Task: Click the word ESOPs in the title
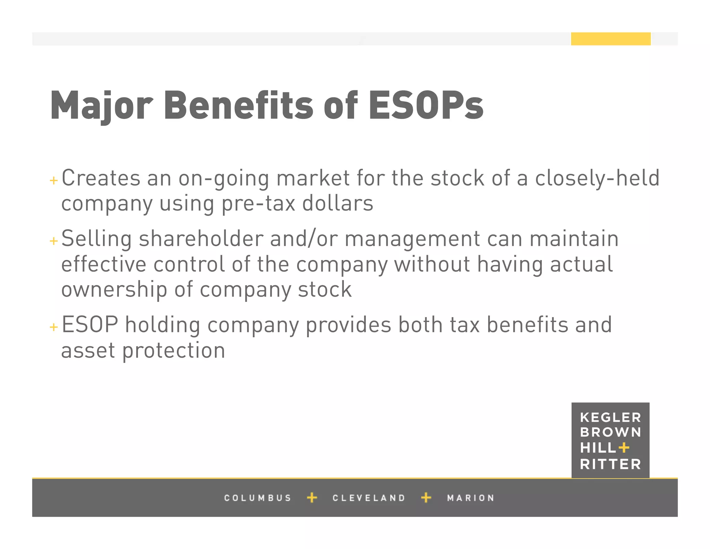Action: [426, 105]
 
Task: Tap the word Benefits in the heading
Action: [239, 105]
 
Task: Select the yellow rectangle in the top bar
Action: [611, 39]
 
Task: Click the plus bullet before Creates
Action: [54, 180]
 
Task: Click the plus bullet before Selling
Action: [54, 241]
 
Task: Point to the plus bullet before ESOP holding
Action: [54, 327]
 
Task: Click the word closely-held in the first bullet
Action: [597, 178]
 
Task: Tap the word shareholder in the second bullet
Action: [201, 239]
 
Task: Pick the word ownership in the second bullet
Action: [114, 290]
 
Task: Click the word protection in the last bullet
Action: [174, 350]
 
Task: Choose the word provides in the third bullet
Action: [348, 326]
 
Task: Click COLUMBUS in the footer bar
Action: [258, 498]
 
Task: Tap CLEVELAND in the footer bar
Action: [369, 498]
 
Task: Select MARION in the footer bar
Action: [470, 498]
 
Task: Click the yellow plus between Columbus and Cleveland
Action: [312, 498]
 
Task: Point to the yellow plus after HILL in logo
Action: [624, 448]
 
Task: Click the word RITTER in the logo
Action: [610, 464]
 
